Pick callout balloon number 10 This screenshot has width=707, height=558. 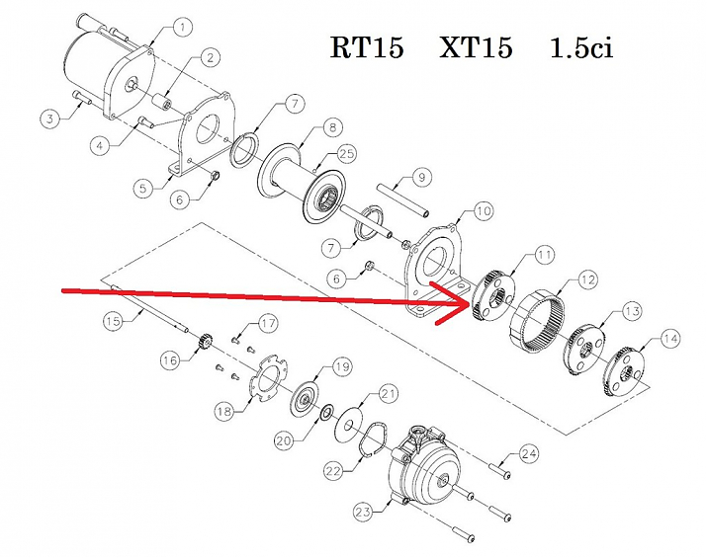[x=483, y=209]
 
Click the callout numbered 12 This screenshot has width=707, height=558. [x=587, y=279]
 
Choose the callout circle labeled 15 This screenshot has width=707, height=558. [x=113, y=321]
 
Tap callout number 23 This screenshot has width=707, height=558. [x=361, y=510]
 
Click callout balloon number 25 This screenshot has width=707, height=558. [x=345, y=153]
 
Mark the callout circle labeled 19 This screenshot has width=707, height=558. [x=341, y=366]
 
